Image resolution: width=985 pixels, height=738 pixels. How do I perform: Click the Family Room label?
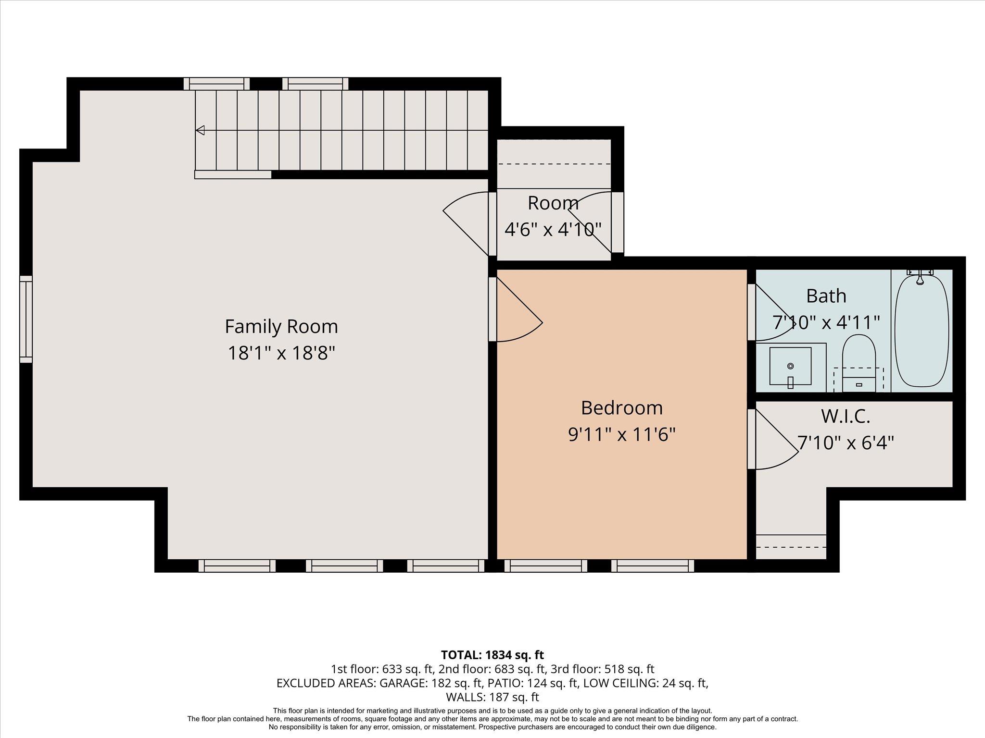281,327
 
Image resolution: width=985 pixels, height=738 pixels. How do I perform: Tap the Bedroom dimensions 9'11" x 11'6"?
622,435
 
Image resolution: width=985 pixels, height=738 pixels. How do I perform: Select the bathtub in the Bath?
921,332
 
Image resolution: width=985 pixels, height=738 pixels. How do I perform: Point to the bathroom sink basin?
790,366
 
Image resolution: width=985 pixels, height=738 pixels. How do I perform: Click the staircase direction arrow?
200,130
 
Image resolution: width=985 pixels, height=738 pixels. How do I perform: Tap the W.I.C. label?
846,416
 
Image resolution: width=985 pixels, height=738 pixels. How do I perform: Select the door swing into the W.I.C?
772,440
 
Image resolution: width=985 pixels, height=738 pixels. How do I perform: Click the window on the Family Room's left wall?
26,319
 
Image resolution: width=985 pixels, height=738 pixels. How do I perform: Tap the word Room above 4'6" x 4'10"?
553,203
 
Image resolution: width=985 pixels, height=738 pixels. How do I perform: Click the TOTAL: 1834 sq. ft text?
492,655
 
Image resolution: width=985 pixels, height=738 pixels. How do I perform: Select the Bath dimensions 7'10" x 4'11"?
826,322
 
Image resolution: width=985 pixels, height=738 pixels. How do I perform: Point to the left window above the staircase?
216,84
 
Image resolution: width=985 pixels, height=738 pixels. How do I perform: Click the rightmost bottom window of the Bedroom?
653,566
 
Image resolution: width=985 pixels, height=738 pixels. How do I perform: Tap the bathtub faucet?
920,277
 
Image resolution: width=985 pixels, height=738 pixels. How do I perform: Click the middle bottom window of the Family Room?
344,566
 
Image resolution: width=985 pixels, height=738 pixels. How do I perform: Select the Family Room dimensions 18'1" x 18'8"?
281,354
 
